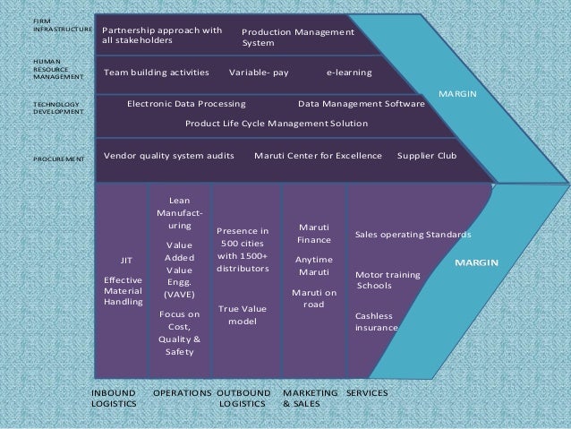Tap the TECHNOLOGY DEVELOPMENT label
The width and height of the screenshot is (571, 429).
click(56, 109)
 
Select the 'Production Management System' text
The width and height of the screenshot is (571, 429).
click(297, 37)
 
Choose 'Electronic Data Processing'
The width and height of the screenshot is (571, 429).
click(192, 103)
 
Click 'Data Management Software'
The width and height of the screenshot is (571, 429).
click(361, 103)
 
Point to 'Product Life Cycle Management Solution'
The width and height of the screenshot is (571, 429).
click(276, 123)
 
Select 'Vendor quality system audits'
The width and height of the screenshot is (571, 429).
click(169, 155)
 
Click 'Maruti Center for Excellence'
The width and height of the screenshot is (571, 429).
click(318, 155)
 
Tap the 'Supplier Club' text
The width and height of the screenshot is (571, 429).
click(426, 155)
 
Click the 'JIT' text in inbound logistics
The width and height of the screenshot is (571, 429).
click(126, 261)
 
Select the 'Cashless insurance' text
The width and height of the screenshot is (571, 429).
click(377, 322)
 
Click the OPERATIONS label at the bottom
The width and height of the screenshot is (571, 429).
click(183, 392)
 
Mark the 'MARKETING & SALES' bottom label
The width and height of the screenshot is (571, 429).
click(310, 398)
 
